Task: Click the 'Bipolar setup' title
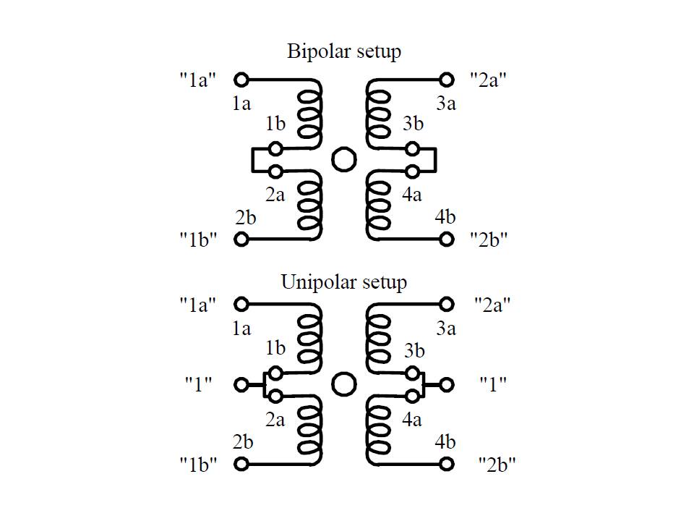click(x=343, y=52)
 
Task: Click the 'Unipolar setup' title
click(x=343, y=281)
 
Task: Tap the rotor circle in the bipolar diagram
click(x=343, y=159)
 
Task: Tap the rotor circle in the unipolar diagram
click(x=343, y=384)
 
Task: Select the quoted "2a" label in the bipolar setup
click(x=488, y=80)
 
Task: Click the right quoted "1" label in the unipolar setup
click(x=493, y=384)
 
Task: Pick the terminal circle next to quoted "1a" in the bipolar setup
click(x=241, y=79)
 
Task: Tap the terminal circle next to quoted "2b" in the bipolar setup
click(x=447, y=239)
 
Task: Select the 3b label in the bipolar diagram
click(x=413, y=124)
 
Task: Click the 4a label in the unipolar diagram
click(x=411, y=419)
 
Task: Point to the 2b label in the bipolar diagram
click(x=245, y=216)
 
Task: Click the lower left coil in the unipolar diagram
click(x=311, y=431)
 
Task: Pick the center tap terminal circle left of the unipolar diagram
click(x=241, y=384)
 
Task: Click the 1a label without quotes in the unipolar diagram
click(x=241, y=328)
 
